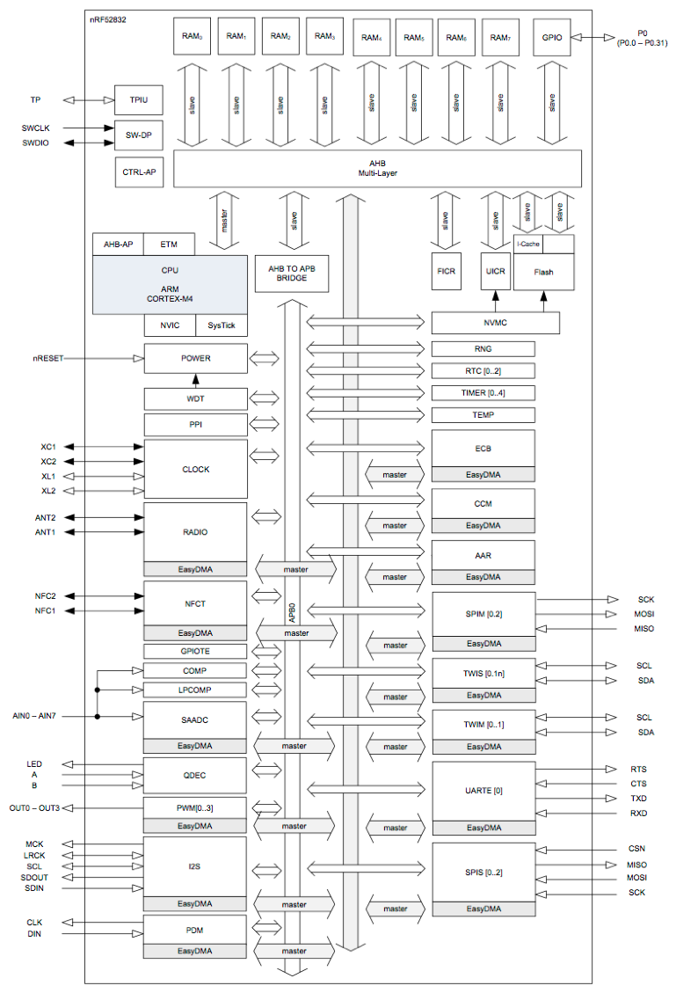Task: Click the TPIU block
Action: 139,100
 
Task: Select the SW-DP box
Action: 139,135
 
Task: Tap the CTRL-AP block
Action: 139,172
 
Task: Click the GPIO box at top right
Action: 552,38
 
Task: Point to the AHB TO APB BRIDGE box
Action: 291,273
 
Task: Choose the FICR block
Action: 446,272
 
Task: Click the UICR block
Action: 494,272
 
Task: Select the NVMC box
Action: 496,323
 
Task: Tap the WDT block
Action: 195,398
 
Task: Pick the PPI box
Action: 195,424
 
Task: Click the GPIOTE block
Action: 195,652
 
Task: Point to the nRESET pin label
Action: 46,359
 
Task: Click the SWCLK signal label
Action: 36,128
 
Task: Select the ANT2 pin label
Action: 46,517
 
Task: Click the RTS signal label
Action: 638,769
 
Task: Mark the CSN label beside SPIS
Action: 637,850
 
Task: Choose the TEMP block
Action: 483,414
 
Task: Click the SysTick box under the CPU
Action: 221,325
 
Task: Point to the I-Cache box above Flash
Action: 529,244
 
